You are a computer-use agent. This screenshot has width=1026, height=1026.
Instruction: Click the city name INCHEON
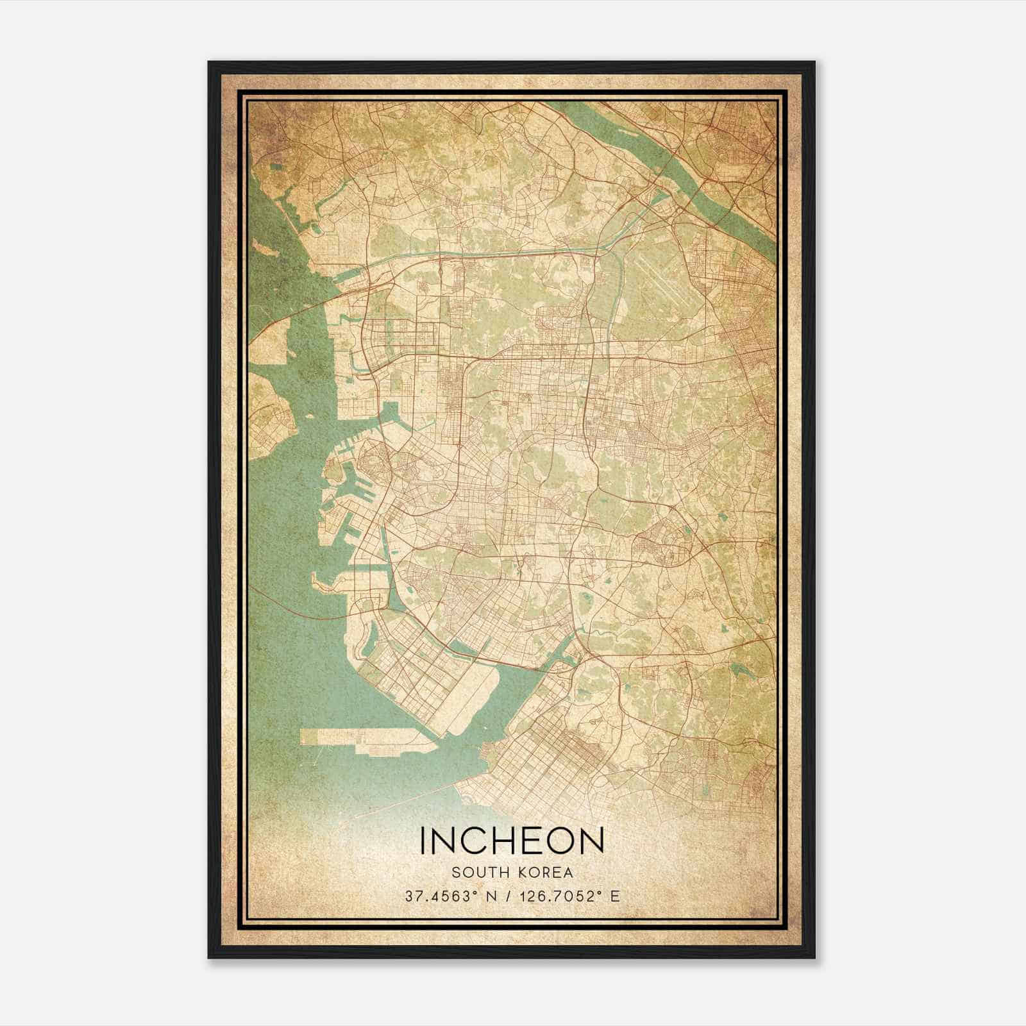point(512,841)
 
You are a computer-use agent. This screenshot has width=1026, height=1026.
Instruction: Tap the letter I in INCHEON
point(423,841)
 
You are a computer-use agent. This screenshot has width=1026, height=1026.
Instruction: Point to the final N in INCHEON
point(593,841)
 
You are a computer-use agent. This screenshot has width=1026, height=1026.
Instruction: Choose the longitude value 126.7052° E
point(566,896)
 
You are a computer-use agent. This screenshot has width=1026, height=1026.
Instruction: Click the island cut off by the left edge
point(269,417)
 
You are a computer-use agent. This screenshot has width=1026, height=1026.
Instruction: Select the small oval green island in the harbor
point(333,471)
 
